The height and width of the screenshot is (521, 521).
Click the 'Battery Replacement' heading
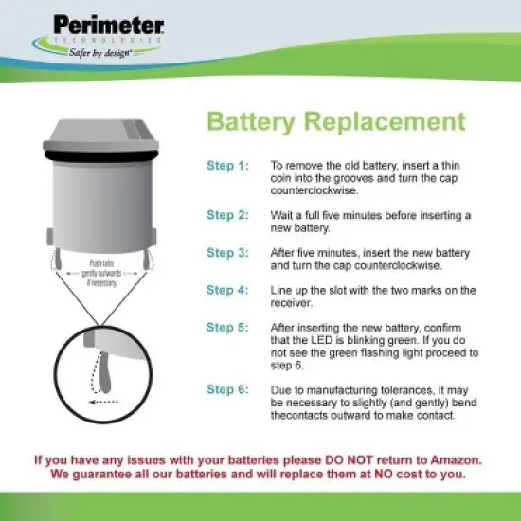(x=336, y=122)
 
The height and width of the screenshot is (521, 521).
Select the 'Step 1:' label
(x=227, y=165)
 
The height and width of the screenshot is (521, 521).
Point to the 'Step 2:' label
(x=227, y=215)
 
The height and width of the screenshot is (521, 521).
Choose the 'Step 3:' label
(x=227, y=253)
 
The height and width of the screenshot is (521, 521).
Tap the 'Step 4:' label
(x=227, y=290)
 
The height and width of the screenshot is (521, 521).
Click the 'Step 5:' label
(x=227, y=328)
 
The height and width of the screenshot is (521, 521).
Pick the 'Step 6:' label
(x=227, y=390)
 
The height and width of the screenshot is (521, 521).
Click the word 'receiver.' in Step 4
(x=293, y=303)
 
